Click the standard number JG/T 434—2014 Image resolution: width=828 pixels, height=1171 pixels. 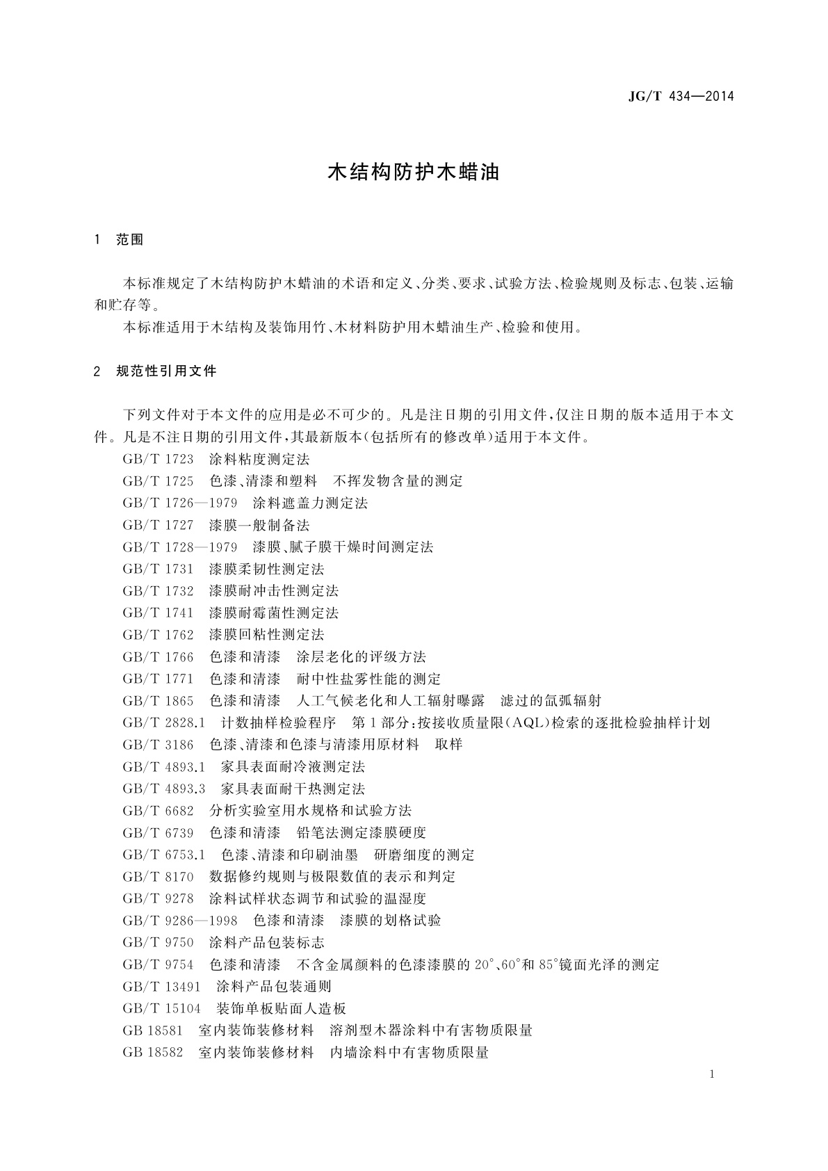[681, 97]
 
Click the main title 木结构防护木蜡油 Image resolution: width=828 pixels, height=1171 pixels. [414, 172]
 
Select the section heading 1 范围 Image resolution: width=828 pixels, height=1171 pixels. [119, 240]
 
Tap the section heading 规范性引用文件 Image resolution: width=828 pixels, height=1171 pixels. [167, 371]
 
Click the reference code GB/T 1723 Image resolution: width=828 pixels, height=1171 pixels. [158, 459]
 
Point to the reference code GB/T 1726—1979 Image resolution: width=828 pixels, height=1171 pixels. [180, 503]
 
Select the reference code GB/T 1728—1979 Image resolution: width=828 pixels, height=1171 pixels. [180, 547]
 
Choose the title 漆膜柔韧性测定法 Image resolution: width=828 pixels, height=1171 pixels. [266, 569]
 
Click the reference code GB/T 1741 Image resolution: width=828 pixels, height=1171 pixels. [158, 613]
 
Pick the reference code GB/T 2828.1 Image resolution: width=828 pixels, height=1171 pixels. [163, 722]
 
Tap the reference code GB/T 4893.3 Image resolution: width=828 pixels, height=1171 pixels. [163, 789]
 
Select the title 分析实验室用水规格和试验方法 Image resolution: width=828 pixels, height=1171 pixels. [310, 810]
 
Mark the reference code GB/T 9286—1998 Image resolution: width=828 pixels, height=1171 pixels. [180, 920]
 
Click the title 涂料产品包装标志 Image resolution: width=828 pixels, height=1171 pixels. [266, 942]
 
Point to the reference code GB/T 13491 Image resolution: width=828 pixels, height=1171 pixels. [161, 986]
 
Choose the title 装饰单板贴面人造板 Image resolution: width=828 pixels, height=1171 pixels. [281, 1008]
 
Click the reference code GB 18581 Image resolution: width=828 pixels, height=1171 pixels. [153, 1030]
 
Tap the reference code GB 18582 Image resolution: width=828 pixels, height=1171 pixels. [153, 1052]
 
